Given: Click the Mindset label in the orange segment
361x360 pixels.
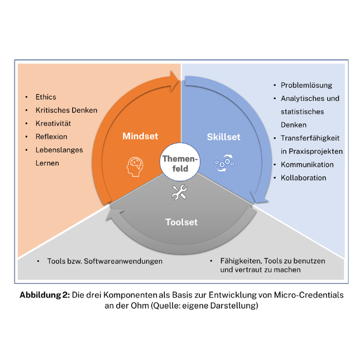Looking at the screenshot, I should pos(140,137).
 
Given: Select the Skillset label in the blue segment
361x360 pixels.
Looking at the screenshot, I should pos(223,137).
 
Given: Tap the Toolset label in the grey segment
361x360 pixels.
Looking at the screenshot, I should pos(181,222).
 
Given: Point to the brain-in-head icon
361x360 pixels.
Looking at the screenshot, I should pos(134,166).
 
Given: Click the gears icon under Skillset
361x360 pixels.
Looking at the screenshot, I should pos(224,164).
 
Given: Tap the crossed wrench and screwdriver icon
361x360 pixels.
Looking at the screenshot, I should pos(179,193).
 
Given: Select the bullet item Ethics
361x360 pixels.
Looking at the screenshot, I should pos(46,97).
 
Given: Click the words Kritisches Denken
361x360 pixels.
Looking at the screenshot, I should pos(66,110).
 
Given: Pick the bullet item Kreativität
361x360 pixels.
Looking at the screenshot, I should pos(53,123).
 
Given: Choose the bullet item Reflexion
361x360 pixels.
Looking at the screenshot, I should pos(51,137).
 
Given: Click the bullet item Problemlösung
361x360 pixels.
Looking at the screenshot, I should pos(306,85).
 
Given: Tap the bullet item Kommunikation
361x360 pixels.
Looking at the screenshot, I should pos(307,165).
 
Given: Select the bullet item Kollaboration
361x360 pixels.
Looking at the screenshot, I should pos(303,178).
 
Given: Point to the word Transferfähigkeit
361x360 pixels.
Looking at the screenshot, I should pos(310,138).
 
